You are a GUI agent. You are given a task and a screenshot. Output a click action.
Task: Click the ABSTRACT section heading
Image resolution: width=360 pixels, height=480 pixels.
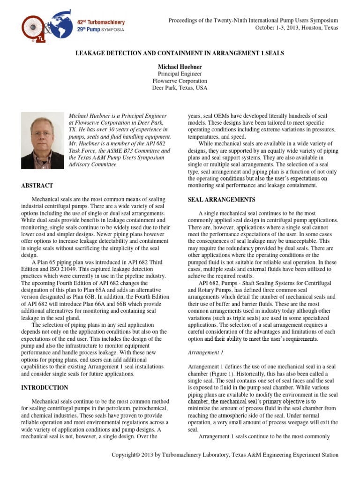pos(37,186)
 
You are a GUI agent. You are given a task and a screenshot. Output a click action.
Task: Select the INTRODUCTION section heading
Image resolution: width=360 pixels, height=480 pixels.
pos(45,388)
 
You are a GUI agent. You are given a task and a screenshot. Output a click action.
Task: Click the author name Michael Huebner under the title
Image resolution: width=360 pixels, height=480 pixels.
pos(180,67)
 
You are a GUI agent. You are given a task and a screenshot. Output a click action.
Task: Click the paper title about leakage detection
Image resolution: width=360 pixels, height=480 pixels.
pos(180,53)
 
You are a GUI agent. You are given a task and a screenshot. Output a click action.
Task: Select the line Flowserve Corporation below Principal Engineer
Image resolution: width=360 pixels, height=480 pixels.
pos(180,81)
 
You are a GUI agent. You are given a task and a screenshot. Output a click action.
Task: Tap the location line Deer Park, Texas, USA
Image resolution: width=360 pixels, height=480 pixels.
pos(180,88)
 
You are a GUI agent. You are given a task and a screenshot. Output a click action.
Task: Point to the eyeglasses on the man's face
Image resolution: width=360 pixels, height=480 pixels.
pos(42,134)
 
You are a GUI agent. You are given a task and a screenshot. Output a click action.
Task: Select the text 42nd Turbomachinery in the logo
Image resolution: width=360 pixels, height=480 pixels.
pos(102,22)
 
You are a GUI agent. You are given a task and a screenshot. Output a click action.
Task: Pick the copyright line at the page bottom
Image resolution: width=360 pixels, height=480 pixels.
pos(224,455)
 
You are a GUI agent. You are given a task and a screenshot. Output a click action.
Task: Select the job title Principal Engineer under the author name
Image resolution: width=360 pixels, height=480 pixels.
pos(180,74)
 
